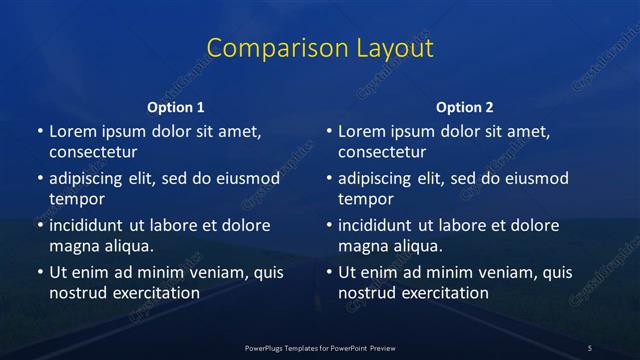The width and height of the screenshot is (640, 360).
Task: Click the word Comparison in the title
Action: point(263,48)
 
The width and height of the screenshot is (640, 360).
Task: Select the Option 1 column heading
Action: point(176,107)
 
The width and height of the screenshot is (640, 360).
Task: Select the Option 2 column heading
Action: point(465,107)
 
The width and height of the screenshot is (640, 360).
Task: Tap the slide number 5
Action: point(590,347)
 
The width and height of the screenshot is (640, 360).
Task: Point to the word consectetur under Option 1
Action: point(92,153)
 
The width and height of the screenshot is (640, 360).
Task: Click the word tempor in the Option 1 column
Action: point(75,199)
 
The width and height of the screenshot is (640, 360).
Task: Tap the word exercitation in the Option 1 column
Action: point(155,293)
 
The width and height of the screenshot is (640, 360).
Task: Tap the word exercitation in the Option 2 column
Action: point(444,293)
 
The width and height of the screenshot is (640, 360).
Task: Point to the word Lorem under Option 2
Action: point(361,131)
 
